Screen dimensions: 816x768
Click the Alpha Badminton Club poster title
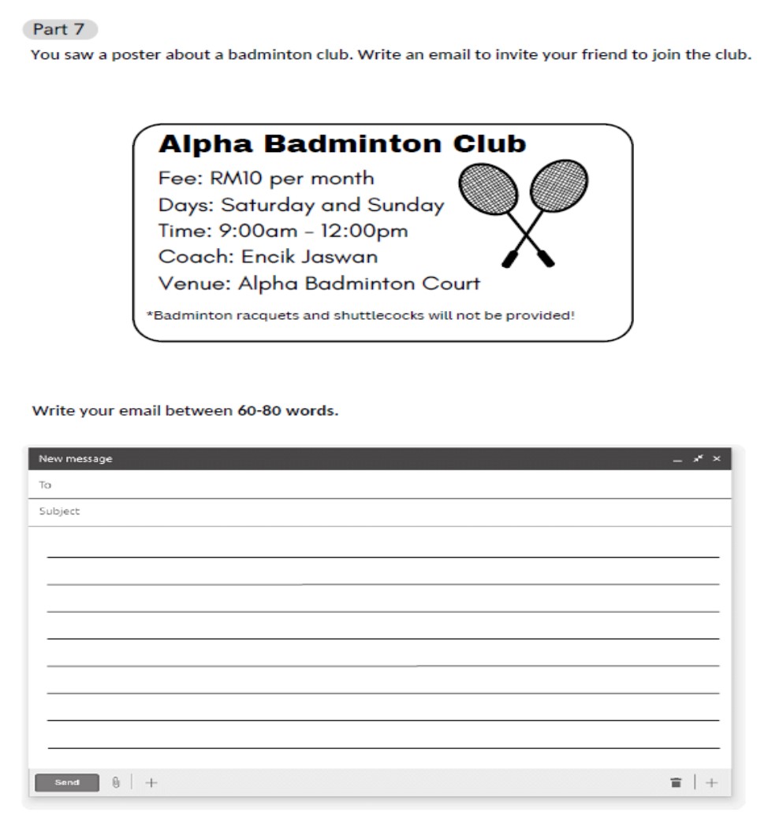[341, 144]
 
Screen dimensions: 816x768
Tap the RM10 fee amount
[236, 178]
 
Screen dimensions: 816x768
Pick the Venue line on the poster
[319, 283]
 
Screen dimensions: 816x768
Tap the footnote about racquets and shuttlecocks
[360, 316]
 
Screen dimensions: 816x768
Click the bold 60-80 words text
[287, 411]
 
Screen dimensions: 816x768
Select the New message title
[76, 459]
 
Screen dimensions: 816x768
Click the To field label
[45, 485]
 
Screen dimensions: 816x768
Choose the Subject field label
[59, 511]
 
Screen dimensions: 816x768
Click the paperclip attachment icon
[115, 782]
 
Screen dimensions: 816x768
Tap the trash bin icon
[676, 782]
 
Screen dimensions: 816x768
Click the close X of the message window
[717, 459]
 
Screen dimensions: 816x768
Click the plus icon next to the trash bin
[712, 782]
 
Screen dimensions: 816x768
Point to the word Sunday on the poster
[408, 205]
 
